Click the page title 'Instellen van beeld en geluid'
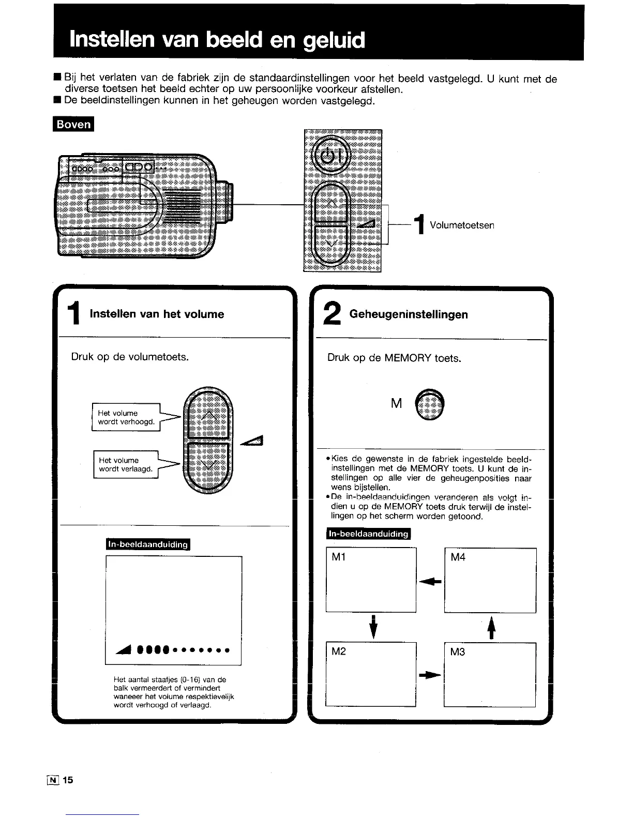(217, 40)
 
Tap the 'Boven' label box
(73, 125)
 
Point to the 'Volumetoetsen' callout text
(462, 225)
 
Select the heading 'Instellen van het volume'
(157, 314)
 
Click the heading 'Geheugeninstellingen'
(409, 314)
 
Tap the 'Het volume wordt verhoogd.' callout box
(126, 417)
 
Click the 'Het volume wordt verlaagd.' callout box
(126, 464)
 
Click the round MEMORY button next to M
(431, 403)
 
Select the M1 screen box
(371, 580)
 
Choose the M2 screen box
(371, 674)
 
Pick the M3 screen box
(490, 674)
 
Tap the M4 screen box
(490, 580)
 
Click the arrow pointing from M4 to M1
(430, 582)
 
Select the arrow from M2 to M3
(430, 675)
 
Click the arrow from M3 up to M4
(491, 628)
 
